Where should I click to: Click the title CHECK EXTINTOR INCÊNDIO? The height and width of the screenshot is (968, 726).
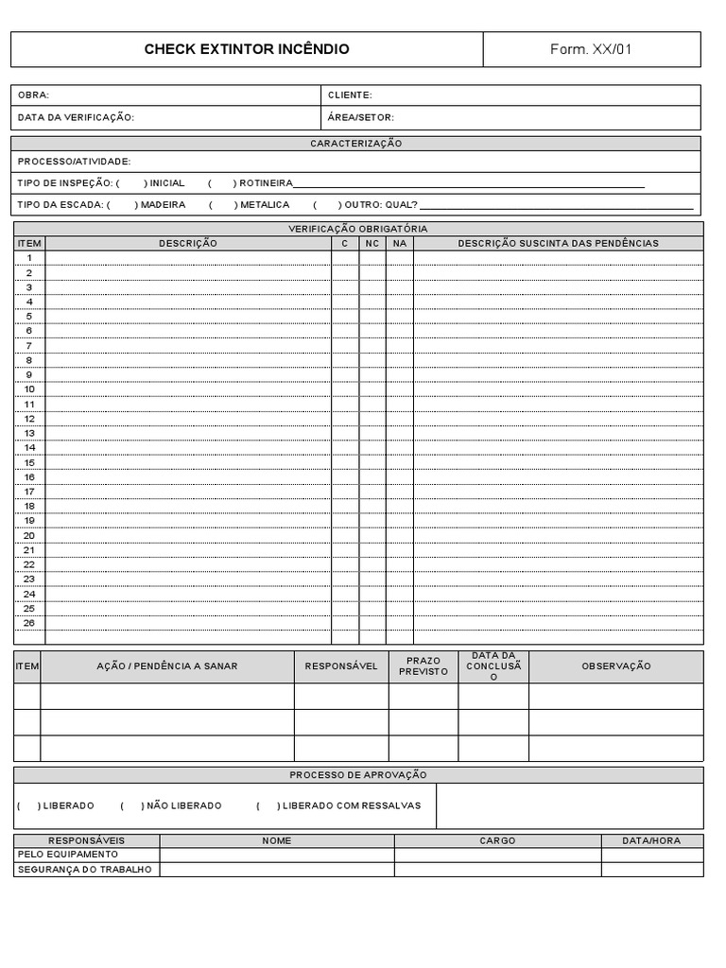(x=247, y=49)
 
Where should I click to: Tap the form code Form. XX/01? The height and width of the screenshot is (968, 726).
(x=591, y=49)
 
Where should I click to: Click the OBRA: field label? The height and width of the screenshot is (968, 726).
(x=33, y=95)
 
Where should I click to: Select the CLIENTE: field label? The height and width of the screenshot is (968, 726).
(x=350, y=95)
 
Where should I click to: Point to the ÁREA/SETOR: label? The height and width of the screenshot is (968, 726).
(x=361, y=117)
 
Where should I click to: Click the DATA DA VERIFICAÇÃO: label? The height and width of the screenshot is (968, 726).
(x=76, y=117)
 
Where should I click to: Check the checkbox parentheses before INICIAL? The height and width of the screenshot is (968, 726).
(x=131, y=183)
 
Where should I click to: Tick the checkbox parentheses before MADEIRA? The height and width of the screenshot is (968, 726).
(x=122, y=205)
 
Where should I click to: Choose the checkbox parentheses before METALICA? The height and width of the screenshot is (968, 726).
(x=223, y=205)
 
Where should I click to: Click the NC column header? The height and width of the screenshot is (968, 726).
(x=372, y=244)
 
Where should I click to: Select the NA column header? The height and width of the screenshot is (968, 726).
(x=400, y=244)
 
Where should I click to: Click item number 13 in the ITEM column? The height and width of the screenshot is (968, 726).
(x=29, y=433)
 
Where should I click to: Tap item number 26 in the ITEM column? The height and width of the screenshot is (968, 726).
(x=29, y=623)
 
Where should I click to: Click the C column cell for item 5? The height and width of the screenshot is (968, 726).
(x=345, y=317)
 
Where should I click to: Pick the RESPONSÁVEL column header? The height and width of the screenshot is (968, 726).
(x=341, y=666)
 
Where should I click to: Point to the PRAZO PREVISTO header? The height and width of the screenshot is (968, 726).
(x=423, y=666)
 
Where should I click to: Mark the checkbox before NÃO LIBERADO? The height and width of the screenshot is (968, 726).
(x=131, y=806)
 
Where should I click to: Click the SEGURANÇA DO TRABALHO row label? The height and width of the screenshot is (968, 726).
(x=85, y=870)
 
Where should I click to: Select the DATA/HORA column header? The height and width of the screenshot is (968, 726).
(x=651, y=840)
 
